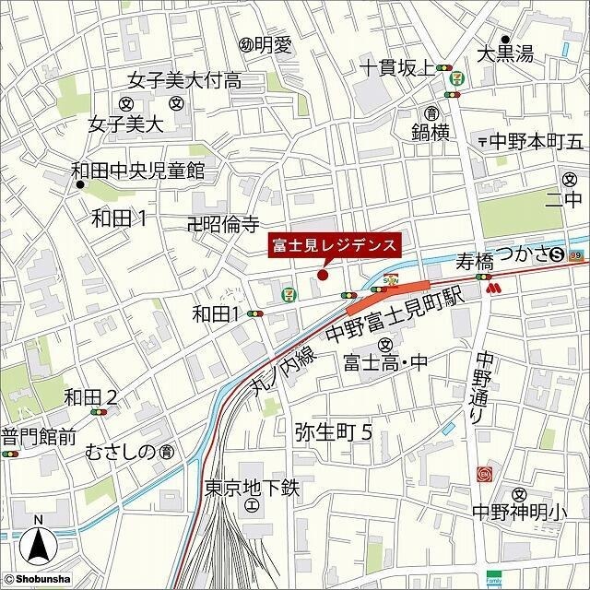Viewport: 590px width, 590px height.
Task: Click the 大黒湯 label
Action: [505, 54]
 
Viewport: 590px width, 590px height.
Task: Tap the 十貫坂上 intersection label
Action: [397, 67]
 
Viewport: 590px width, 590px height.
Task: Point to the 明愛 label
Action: [271, 43]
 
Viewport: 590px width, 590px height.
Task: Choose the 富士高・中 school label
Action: [385, 362]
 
